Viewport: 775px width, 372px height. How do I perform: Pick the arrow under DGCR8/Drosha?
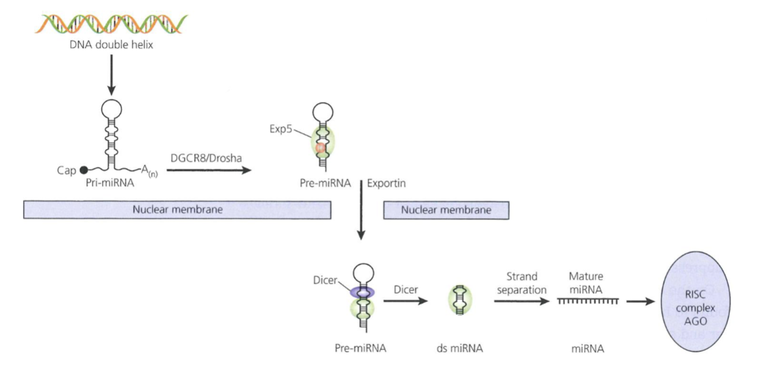209,170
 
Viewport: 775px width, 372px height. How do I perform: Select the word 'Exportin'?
386,183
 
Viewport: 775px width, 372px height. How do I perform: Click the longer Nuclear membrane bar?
177,210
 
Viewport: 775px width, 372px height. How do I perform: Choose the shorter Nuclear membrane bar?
446,210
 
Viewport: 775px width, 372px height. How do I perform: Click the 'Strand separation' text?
522,282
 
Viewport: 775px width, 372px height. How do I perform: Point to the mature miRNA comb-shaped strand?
588,301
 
